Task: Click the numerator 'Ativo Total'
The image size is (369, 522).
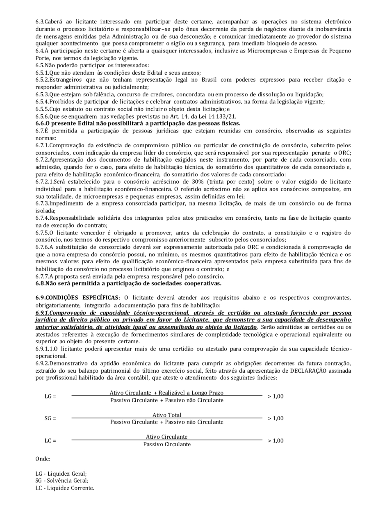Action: tap(166, 415)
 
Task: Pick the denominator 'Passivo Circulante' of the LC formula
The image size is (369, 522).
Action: tap(167, 444)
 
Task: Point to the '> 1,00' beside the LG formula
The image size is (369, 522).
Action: tap(276, 397)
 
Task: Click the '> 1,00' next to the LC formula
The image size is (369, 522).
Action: tap(276, 440)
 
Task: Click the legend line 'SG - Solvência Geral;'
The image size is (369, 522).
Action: tap(62, 481)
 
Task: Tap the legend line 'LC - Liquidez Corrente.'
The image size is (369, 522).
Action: tap(65, 488)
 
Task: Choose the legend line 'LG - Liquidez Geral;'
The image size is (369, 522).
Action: tap(61, 474)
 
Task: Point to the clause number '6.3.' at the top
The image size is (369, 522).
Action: tap(40, 21)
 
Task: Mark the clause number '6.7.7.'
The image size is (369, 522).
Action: tap(43, 276)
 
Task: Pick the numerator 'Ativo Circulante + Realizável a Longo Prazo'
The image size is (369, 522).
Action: tap(166, 393)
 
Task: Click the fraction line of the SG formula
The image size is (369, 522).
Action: tap(166, 418)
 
